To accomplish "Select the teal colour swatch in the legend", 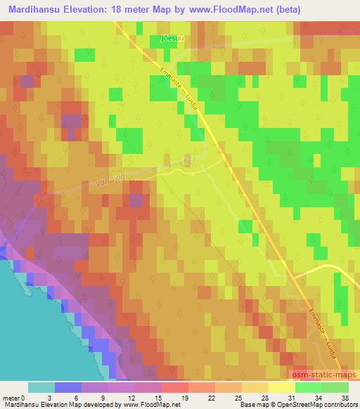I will [x=41, y=387].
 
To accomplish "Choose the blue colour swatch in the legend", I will [x=68, y=387].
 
